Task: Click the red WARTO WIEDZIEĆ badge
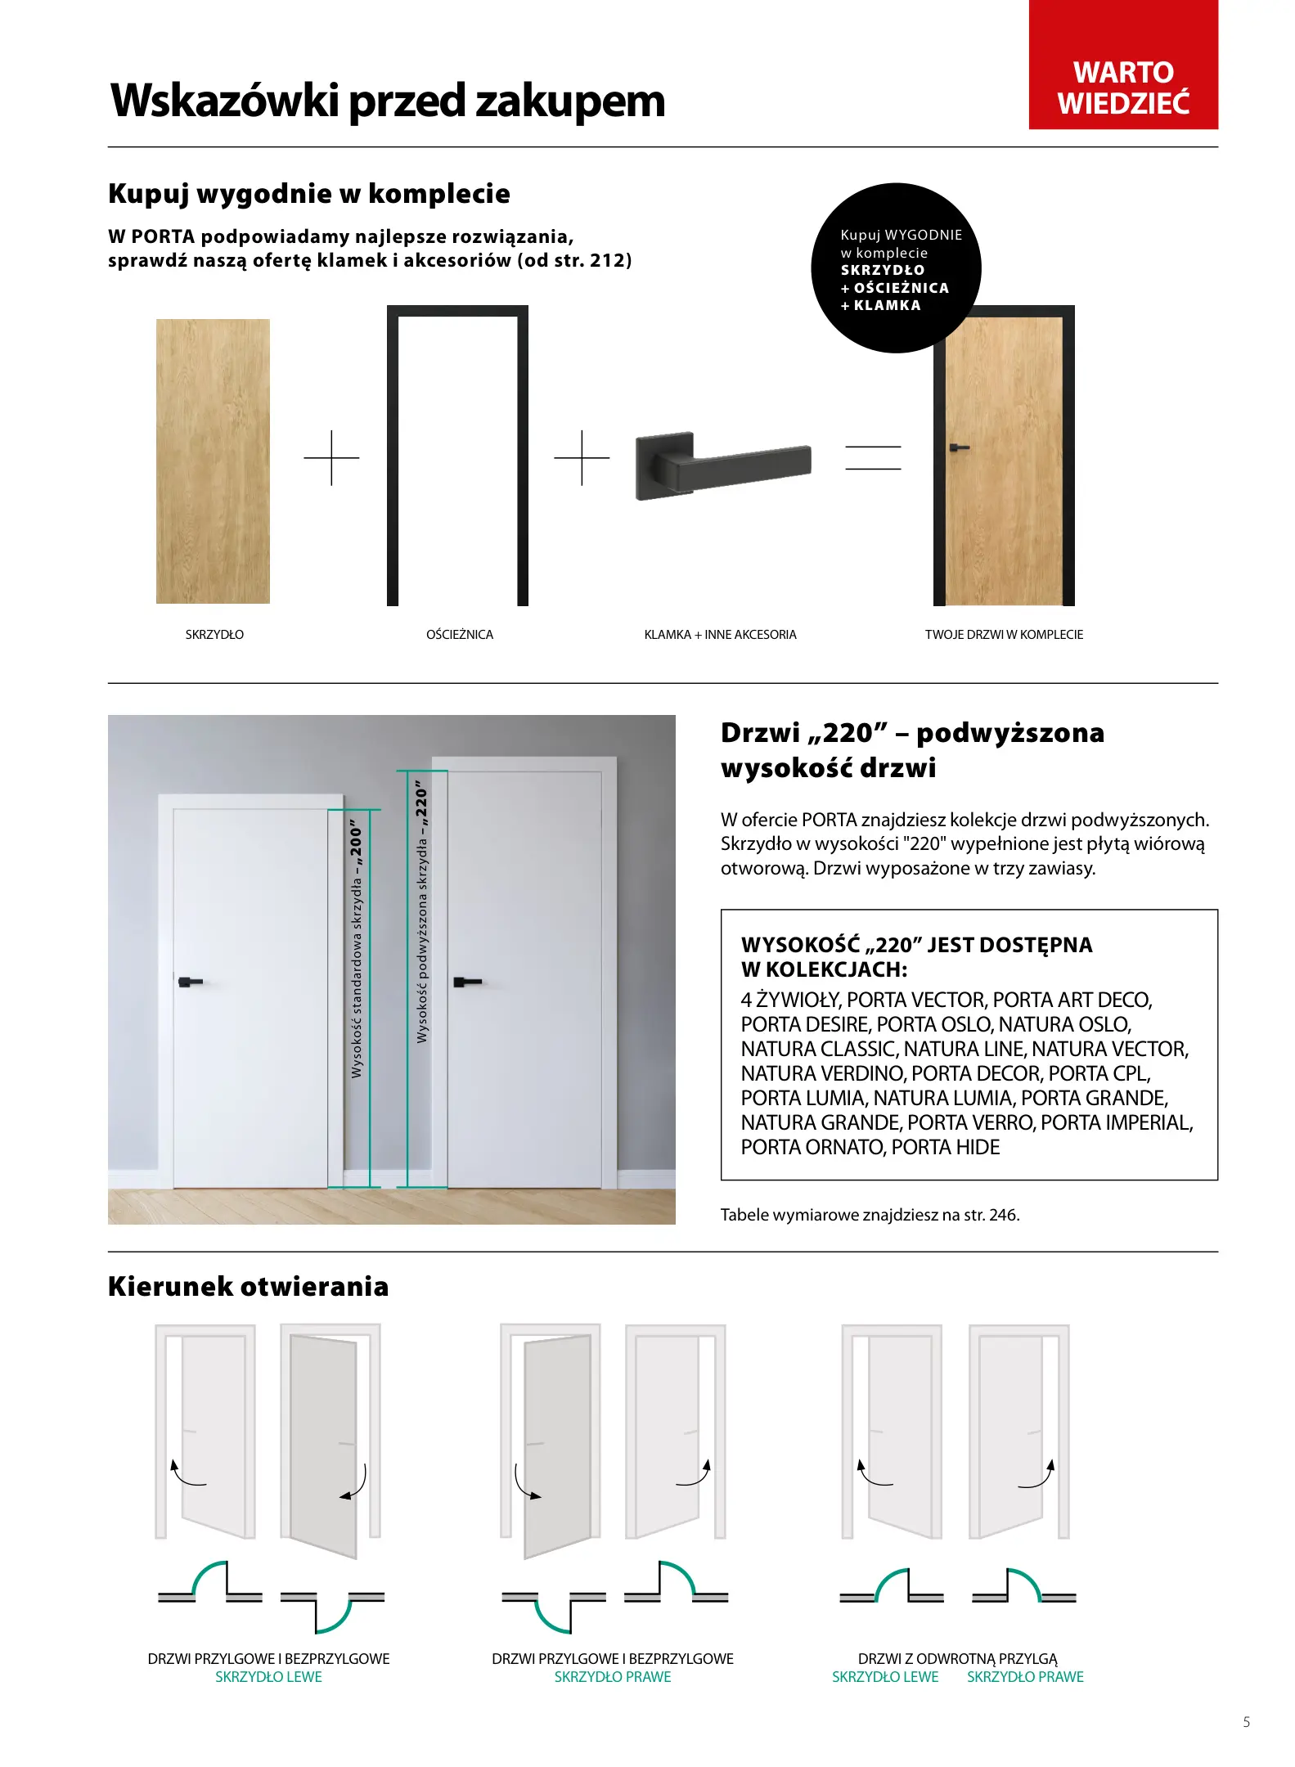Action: [x=1122, y=65]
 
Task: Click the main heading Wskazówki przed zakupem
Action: [x=388, y=101]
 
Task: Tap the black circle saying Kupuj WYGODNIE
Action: [x=896, y=268]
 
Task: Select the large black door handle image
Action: [x=722, y=465]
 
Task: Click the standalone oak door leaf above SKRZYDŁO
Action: [x=213, y=461]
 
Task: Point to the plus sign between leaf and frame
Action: [x=331, y=458]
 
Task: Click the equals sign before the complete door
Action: [x=873, y=457]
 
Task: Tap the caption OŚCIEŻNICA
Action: [x=460, y=635]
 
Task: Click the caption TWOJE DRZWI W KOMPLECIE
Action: [x=1004, y=635]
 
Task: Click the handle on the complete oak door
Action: [x=958, y=448]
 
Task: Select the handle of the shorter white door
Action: [x=190, y=981]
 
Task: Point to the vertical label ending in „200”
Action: [x=357, y=949]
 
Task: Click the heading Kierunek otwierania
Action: [x=249, y=1287]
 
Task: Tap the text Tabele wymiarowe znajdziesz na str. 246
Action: [x=870, y=1215]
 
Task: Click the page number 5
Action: [x=1246, y=1722]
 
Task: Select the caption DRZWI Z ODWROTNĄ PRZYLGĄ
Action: [x=957, y=1659]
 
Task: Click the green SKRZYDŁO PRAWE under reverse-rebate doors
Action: [x=1024, y=1677]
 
